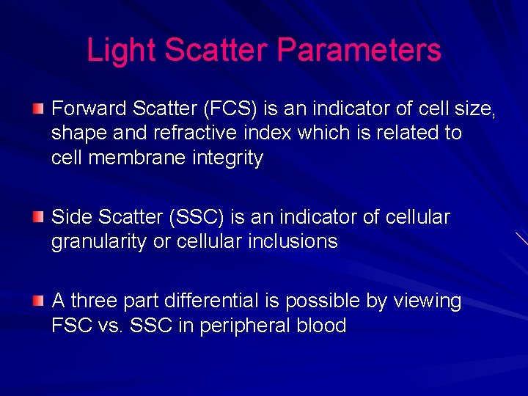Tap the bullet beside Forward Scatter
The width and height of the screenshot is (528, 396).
click(x=38, y=109)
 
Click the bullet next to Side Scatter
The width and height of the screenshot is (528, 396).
click(x=38, y=218)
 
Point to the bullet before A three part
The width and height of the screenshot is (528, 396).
click(x=38, y=301)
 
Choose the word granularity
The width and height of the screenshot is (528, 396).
click(x=99, y=242)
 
